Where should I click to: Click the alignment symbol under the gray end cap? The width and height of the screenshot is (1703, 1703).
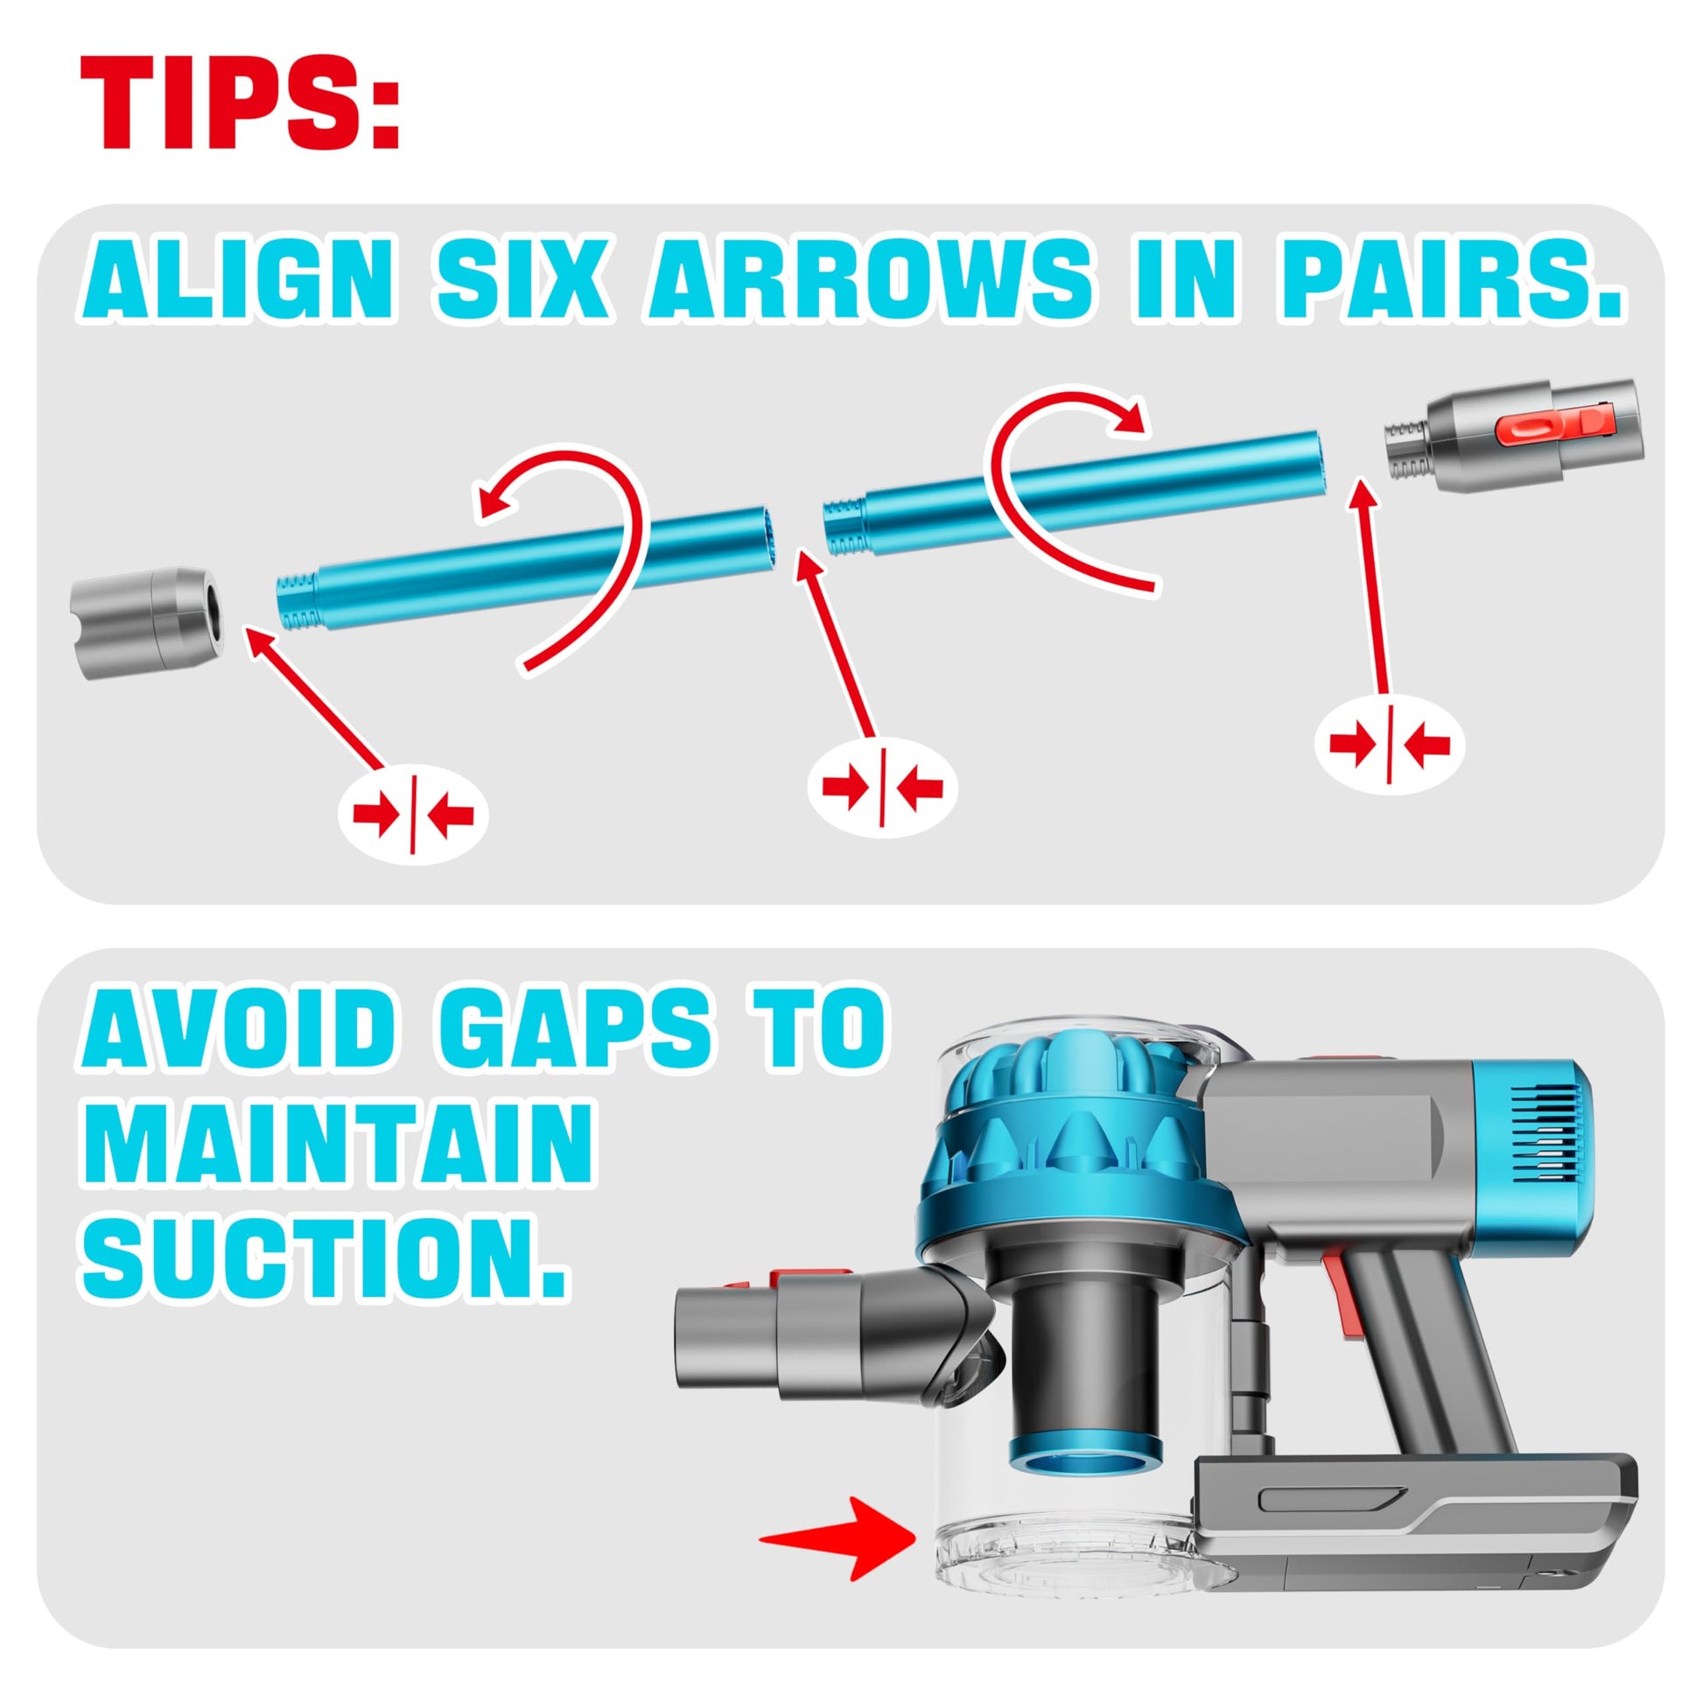pyautogui.click(x=412, y=815)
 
